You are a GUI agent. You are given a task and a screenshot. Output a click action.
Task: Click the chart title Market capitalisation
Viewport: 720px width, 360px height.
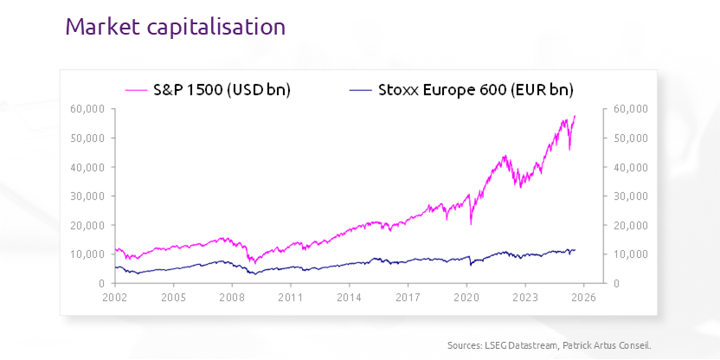tap(175, 27)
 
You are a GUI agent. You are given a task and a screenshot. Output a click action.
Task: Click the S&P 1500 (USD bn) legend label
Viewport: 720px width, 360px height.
tap(222, 89)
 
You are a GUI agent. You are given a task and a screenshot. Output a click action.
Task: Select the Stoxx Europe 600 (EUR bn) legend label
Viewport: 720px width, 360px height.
tap(476, 89)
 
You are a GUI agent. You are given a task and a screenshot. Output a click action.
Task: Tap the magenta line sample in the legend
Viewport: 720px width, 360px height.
tap(138, 89)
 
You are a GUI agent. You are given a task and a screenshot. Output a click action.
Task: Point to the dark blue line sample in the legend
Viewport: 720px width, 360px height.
tap(360, 89)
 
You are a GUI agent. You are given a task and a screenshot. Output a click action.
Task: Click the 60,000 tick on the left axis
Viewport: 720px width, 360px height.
tap(87, 108)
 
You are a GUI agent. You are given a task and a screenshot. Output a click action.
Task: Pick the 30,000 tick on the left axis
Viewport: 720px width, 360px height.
tap(87, 196)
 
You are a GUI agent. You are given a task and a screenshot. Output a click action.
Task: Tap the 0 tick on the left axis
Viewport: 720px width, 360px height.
tap(100, 283)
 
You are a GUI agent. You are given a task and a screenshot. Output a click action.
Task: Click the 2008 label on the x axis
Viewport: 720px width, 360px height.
tap(232, 297)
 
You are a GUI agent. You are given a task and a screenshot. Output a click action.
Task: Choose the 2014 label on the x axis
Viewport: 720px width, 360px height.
tap(350, 297)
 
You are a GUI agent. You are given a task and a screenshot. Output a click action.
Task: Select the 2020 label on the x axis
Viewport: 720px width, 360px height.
tap(466, 297)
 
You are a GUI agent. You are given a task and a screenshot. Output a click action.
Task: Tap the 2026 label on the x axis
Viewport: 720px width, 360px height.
tap(583, 297)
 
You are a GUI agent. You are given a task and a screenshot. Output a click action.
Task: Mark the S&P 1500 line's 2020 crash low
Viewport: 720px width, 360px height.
tap(471, 223)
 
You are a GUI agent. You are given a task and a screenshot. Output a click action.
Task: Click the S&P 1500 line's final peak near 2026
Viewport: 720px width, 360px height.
tap(575, 116)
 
